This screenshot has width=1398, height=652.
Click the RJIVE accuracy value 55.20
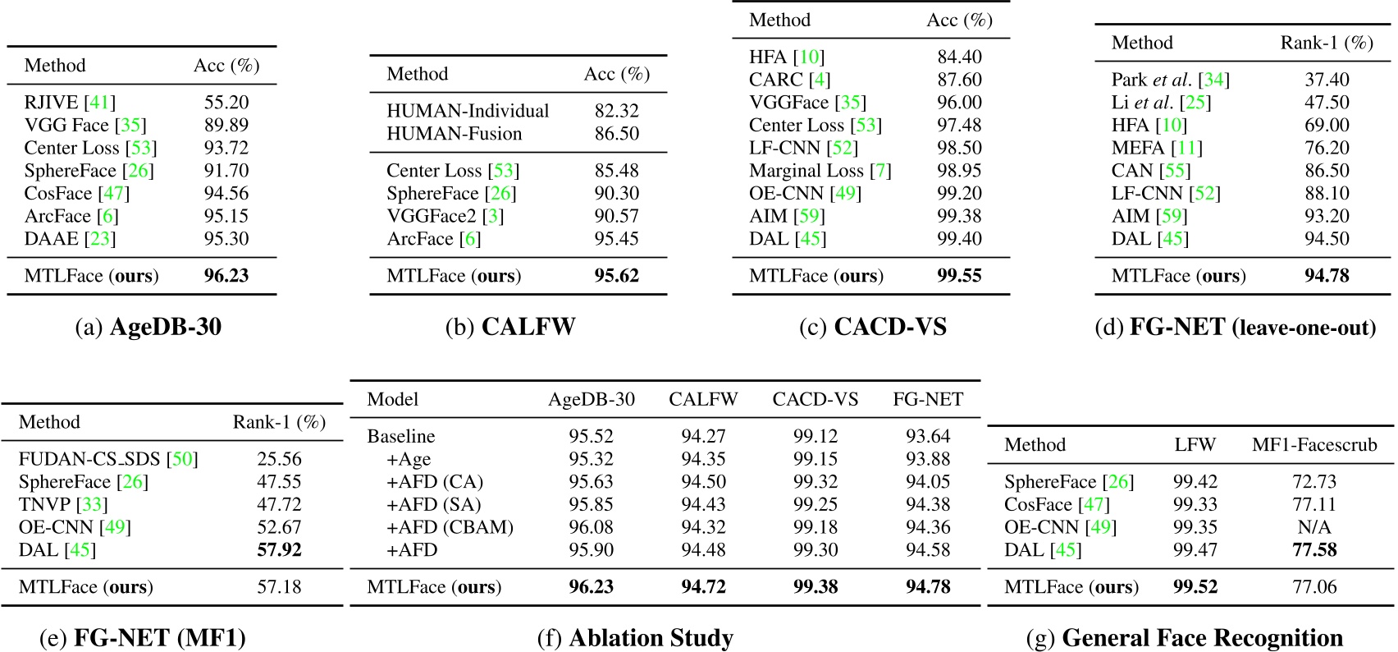[226, 103]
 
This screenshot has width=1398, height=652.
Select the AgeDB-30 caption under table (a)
[148, 327]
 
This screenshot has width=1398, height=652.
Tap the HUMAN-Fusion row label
[454, 134]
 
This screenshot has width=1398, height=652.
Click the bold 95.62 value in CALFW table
[616, 276]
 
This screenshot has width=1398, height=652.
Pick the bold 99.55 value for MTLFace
[959, 276]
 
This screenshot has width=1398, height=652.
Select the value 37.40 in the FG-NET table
[1327, 80]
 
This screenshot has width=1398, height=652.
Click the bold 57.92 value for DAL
[279, 550]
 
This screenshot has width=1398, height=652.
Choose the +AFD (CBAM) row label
[450, 527]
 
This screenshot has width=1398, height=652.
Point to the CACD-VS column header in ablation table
[815, 400]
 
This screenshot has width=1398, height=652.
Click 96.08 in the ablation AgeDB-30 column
[591, 527]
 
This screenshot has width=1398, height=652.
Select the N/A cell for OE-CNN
[1314, 527]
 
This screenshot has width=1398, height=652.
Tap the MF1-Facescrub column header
[1314, 445]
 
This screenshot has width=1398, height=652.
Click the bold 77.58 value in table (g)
[1314, 550]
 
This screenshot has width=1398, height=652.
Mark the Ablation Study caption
[635, 638]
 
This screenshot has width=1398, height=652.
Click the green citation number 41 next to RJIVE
[99, 103]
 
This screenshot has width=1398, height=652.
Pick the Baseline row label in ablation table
[400, 436]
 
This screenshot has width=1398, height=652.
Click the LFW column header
[1195, 445]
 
